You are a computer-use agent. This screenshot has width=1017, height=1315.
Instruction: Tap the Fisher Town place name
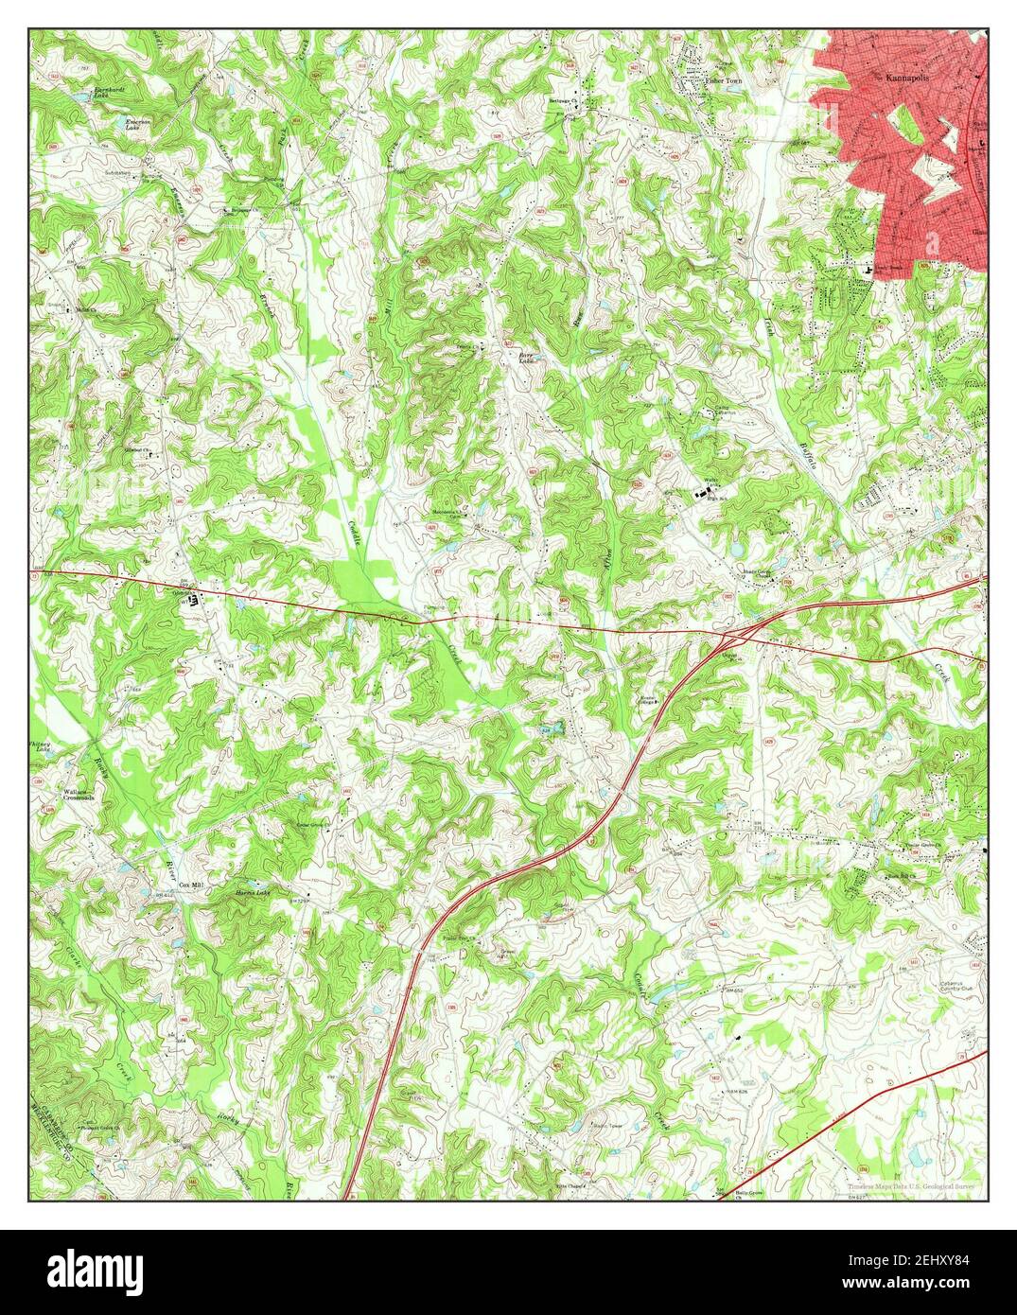(725, 82)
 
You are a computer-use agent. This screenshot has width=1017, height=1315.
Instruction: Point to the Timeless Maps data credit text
(904, 1184)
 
